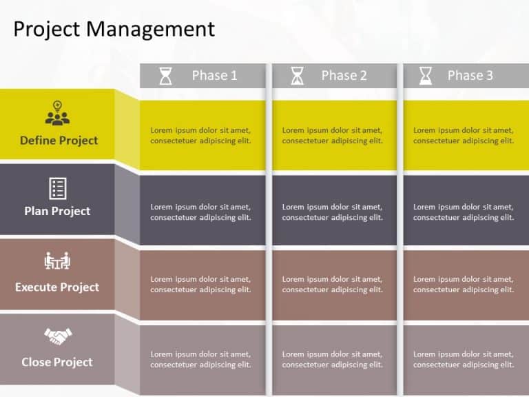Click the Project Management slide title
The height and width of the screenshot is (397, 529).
pyautogui.click(x=114, y=29)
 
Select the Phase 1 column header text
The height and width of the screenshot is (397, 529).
pyautogui.click(x=214, y=76)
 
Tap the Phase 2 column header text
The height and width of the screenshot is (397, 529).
pyautogui.click(x=344, y=76)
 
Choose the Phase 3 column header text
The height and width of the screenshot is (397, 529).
pyautogui.click(x=470, y=76)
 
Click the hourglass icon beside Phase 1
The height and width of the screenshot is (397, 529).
pyautogui.click(x=166, y=76)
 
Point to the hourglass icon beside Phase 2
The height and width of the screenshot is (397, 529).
pyautogui.click(x=297, y=76)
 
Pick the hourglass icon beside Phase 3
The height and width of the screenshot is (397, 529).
pyautogui.click(x=426, y=76)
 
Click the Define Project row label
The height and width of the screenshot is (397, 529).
pyautogui.click(x=59, y=141)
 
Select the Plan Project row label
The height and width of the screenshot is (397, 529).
pyautogui.click(x=57, y=211)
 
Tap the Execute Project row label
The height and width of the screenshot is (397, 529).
pyautogui.click(x=57, y=287)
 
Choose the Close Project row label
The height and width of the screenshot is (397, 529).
pyautogui.click(x=57, y=362)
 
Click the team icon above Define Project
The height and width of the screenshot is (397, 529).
pyautogui.click(x=57, y=114)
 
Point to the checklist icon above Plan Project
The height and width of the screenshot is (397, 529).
pyautogui.click(x=57, y=187)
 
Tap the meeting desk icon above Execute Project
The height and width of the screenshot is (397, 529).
pyautogui.click(x=57, y=261)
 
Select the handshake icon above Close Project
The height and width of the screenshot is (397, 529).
pyautogui.click(x=57, y=336)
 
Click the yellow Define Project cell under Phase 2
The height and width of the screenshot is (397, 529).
pyautogui.click(x=333, y=135)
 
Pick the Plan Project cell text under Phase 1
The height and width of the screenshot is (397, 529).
pyautogui.click(x=200, y=212)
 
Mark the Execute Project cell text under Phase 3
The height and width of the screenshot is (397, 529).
pyautogui.click(x=464, y=285)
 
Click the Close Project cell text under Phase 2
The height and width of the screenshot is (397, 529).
pyautogui.click(x=333, y=359)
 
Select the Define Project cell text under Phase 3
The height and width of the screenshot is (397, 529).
pyautogui.click(x=464, y=135)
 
